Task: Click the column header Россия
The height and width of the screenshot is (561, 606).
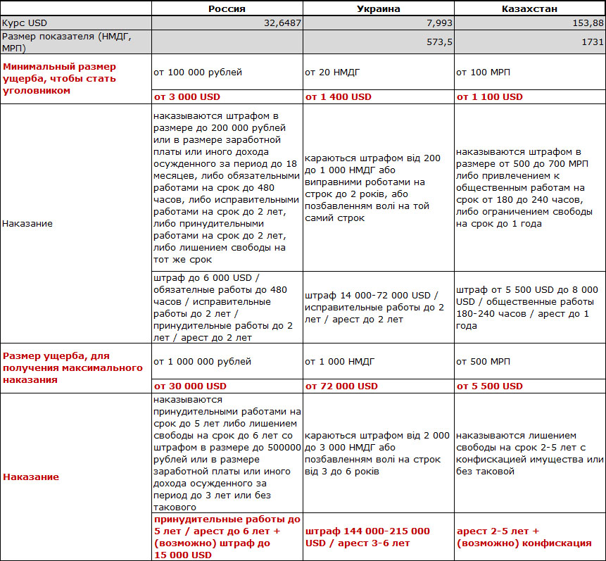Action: point(227,8)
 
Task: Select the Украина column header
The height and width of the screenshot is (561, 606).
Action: point(378,8)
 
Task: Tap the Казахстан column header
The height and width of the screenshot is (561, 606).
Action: point(529,8)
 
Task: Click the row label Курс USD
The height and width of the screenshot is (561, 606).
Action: point(25,23)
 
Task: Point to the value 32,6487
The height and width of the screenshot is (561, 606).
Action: point(282,23)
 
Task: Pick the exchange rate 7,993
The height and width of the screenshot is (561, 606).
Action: point(436,23)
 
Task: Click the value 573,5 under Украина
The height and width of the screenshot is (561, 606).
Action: point(437,42)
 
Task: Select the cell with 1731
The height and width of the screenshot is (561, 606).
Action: point(592,42)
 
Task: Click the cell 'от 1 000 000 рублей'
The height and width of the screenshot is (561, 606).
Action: point(202,362)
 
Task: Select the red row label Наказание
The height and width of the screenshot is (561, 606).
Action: point(31,477)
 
